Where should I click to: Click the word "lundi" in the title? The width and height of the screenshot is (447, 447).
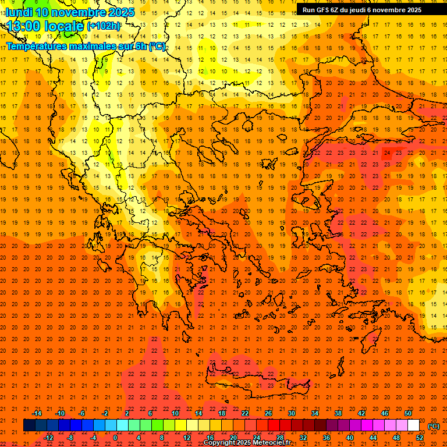pyautogui.click(x=19, y=12)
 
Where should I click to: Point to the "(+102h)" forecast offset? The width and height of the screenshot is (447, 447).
pyautogui.click(x=103, y=26)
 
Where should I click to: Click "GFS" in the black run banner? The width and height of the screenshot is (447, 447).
pyautogui.click(x=323, y=10)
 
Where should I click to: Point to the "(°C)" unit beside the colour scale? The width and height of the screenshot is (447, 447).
pyautogui.click(x=433, y=426)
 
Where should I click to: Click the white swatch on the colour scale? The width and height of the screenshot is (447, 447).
pyautogui.click(x=413, y=425)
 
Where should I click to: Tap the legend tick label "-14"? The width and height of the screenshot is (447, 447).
pyautogui.click(x=37, y=413)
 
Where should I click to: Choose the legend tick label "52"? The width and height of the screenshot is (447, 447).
pyautogui.click(x=420, y=438)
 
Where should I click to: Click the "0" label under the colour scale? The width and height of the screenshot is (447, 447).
pyautogui.click(x=115, y=438)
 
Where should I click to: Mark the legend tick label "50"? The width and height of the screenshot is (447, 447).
pyautogui.click(x=408, y=413)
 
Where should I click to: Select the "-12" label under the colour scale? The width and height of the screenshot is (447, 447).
pyautogui.click(x=48, y=438)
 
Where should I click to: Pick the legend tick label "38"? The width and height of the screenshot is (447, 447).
pyautogui.click(x=338, y=413)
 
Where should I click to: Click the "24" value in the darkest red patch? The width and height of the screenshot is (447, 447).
pyautogui.click(x=387, y=152)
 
